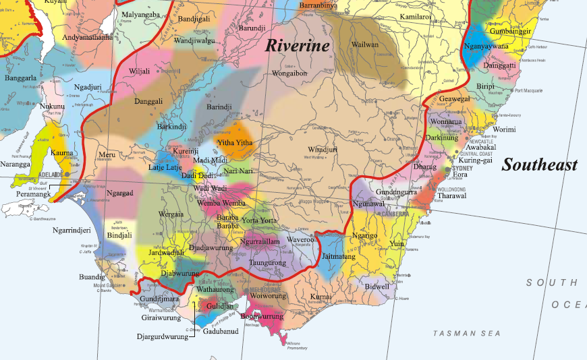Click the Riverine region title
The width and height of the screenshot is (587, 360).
pos(297,46)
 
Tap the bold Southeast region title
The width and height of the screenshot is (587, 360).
pos(540,165)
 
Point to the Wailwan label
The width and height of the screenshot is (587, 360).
pos(365,45)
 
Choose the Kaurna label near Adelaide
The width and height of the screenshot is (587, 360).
pos(62,154)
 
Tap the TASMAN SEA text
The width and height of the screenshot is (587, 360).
pos(466,334)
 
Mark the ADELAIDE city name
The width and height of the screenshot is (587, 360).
pos(49,175)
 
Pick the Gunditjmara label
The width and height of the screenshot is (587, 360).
pos(159,298)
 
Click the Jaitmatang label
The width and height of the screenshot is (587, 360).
pos(338,257)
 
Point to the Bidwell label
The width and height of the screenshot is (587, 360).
pos(376,287)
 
